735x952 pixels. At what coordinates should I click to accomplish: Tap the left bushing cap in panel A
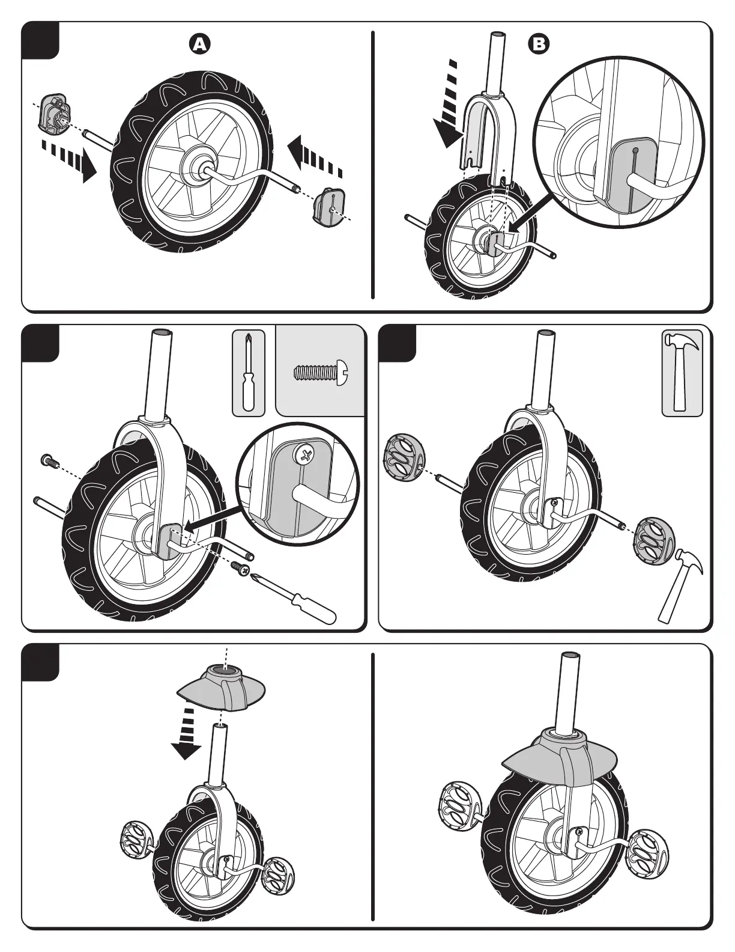pos(54,112)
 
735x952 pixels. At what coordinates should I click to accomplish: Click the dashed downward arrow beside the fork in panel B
pos(447,105)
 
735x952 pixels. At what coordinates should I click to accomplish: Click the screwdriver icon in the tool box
pos(247,372)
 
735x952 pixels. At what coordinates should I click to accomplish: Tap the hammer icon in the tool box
pos(682,372)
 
